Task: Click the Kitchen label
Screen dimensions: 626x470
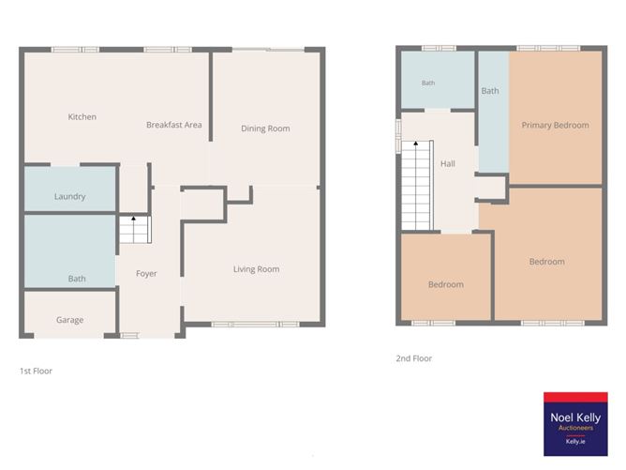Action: (82, 116)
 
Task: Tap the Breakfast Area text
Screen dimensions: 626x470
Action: (174, 125)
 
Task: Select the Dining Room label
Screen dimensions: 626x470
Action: (265, 129)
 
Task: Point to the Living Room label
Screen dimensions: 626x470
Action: (257, 269)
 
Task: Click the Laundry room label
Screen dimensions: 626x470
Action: (70, 197)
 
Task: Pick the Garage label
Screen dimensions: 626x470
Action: (70, 320)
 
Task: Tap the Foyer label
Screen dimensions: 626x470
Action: (146, 274)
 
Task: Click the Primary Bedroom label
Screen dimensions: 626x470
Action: (556, 125)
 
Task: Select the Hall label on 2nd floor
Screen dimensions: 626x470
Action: (448, 163)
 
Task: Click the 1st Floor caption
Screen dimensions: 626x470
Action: (36, 371)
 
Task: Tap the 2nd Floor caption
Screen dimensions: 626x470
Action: (414, 358)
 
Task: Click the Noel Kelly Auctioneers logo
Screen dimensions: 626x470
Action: (575, 424)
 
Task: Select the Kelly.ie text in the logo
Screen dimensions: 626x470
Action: (575, 442)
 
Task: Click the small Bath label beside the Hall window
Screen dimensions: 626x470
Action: (428, 83)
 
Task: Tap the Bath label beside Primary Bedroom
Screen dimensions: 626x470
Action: (490, 91)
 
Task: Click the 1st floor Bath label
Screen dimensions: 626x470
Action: (77, 279)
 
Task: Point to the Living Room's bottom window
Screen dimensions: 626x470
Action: (255, 325)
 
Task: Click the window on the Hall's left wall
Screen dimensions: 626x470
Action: (398, 135)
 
